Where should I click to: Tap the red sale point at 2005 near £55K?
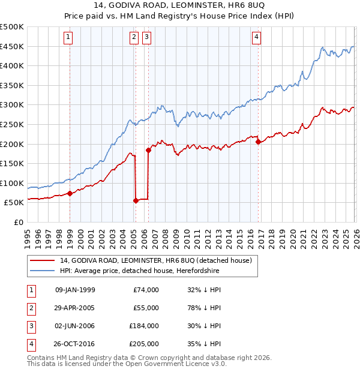136,201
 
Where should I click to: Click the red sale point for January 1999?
70,193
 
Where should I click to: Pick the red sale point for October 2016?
258,142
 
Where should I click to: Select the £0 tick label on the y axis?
18,222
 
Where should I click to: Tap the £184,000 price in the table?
143,326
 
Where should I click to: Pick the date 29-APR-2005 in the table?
75,308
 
